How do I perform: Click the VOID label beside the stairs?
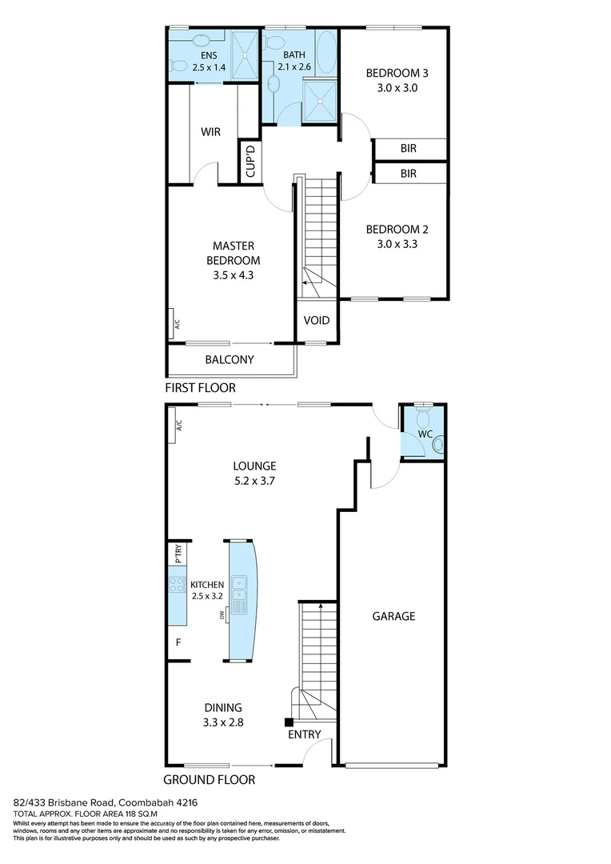(x=316, y=321)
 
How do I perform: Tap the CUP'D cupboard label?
(x=250, y=162)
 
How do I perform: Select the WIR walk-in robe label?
(x=210, y=132)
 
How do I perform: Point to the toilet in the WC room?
(x=425, y=417)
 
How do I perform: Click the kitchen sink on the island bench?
(x=238, y=588)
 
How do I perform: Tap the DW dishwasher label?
(x=222, y=614)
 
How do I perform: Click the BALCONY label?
(x=230, y=360)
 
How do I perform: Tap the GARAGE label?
(x=393, y=616)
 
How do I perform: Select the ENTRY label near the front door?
(x=304, y=734)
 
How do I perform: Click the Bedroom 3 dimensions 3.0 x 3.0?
(x=392, y=88)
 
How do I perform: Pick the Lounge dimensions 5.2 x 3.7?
(x=254, y=481)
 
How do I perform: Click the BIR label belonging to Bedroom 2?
(x=408, y=173)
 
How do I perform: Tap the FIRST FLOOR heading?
(x=200, y=388)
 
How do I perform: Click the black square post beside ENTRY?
(x=289, y=722)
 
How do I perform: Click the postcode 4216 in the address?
(x=186, y=802)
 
